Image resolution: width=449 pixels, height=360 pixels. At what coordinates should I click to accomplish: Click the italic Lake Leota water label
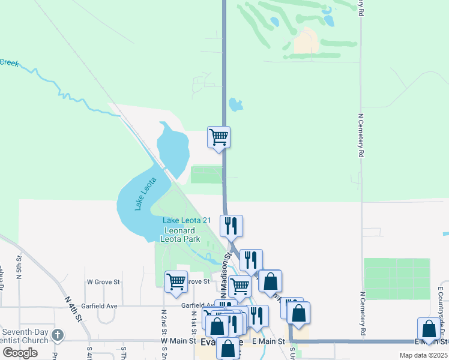(145, 194)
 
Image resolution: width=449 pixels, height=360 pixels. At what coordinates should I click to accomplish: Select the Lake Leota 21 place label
(187, 220)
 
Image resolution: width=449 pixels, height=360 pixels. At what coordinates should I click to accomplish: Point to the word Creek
(9, 62)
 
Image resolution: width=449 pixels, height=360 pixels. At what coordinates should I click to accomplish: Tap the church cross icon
(58, 335)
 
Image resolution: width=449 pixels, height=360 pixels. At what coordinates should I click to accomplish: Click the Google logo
(20, 353)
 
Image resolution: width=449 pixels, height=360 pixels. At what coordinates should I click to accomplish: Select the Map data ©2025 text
(423, 355)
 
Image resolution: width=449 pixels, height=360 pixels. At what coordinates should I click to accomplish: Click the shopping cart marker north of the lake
(218, 136)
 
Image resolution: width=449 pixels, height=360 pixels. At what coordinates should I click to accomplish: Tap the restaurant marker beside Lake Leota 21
(231, 226)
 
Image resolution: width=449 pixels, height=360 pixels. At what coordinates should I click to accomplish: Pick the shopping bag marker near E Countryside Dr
(429, 329)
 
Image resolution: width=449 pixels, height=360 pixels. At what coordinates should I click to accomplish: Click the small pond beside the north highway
(235, 105)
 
